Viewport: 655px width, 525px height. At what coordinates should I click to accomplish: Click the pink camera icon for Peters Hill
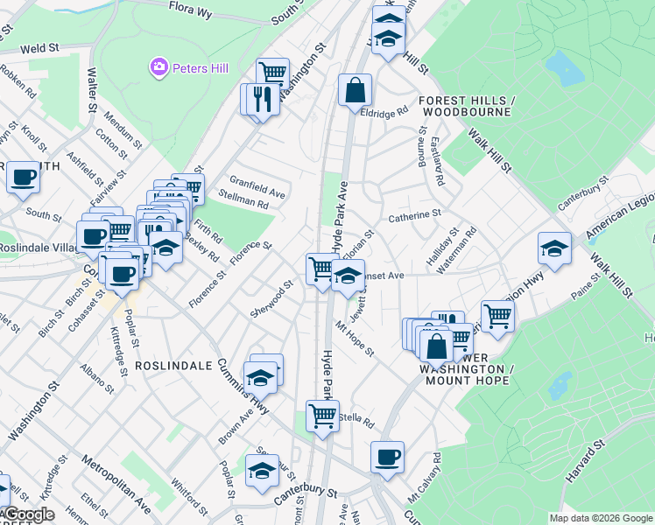pyautogui.click(x=158, y=66)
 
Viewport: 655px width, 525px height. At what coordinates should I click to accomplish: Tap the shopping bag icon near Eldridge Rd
pyautogui.click(x=355, y=90)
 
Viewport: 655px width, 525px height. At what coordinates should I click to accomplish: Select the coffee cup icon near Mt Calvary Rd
pyautogui.click(x=387, y=457)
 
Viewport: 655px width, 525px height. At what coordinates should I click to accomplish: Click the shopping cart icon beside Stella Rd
pyautogui.click(x=322, y=416)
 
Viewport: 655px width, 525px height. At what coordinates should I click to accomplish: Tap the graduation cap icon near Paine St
pyautogui.click(x=554, y=248)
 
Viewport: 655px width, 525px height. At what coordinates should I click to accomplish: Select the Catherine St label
pyautogui.click(x=414, y=213)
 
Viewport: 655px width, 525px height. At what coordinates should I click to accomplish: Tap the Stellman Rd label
pyautogui.click(x=243, y=202)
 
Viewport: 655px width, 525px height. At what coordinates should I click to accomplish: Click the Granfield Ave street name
pyautogui.click(x=257, y=186)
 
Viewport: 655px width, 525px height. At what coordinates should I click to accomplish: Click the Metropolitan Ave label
pyautogui.click(x=116, y=484)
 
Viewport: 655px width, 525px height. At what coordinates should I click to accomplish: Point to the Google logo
pyautogui.click(x=28, y=514)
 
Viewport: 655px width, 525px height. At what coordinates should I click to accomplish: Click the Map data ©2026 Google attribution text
pyautogui.click(x=601, y=518)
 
